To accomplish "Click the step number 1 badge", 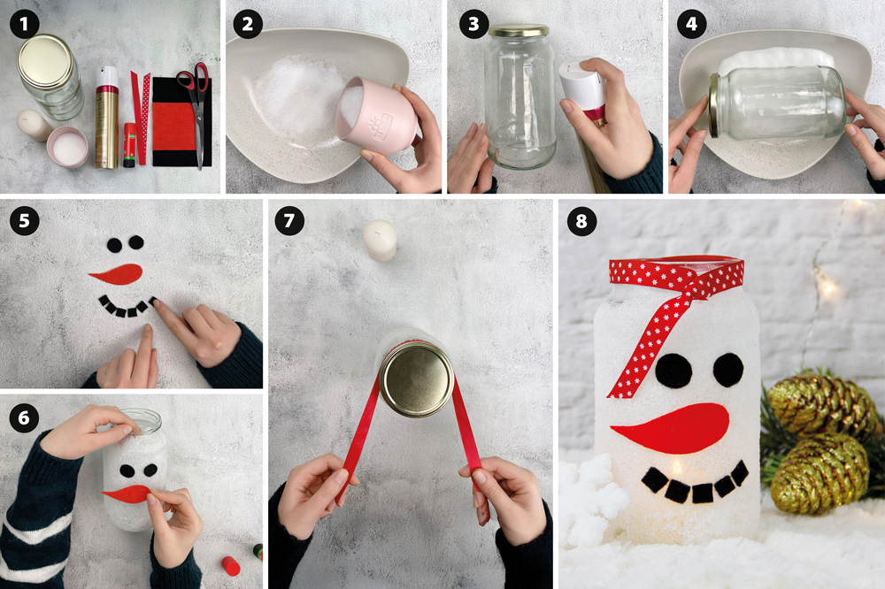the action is coord(24,24).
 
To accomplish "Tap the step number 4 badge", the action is coord(691,24).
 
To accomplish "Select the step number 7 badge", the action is coord(289,220).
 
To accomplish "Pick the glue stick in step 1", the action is coord(129,146).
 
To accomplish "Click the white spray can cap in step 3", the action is coord(583,83).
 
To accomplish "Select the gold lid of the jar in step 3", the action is coord(519,30).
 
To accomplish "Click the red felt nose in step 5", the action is coord(116,273).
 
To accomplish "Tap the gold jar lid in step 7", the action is coord(417,379).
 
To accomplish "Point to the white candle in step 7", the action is coord(380,241).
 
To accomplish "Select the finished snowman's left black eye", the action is coord(673,371).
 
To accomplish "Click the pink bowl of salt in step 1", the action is coord(68,147).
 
